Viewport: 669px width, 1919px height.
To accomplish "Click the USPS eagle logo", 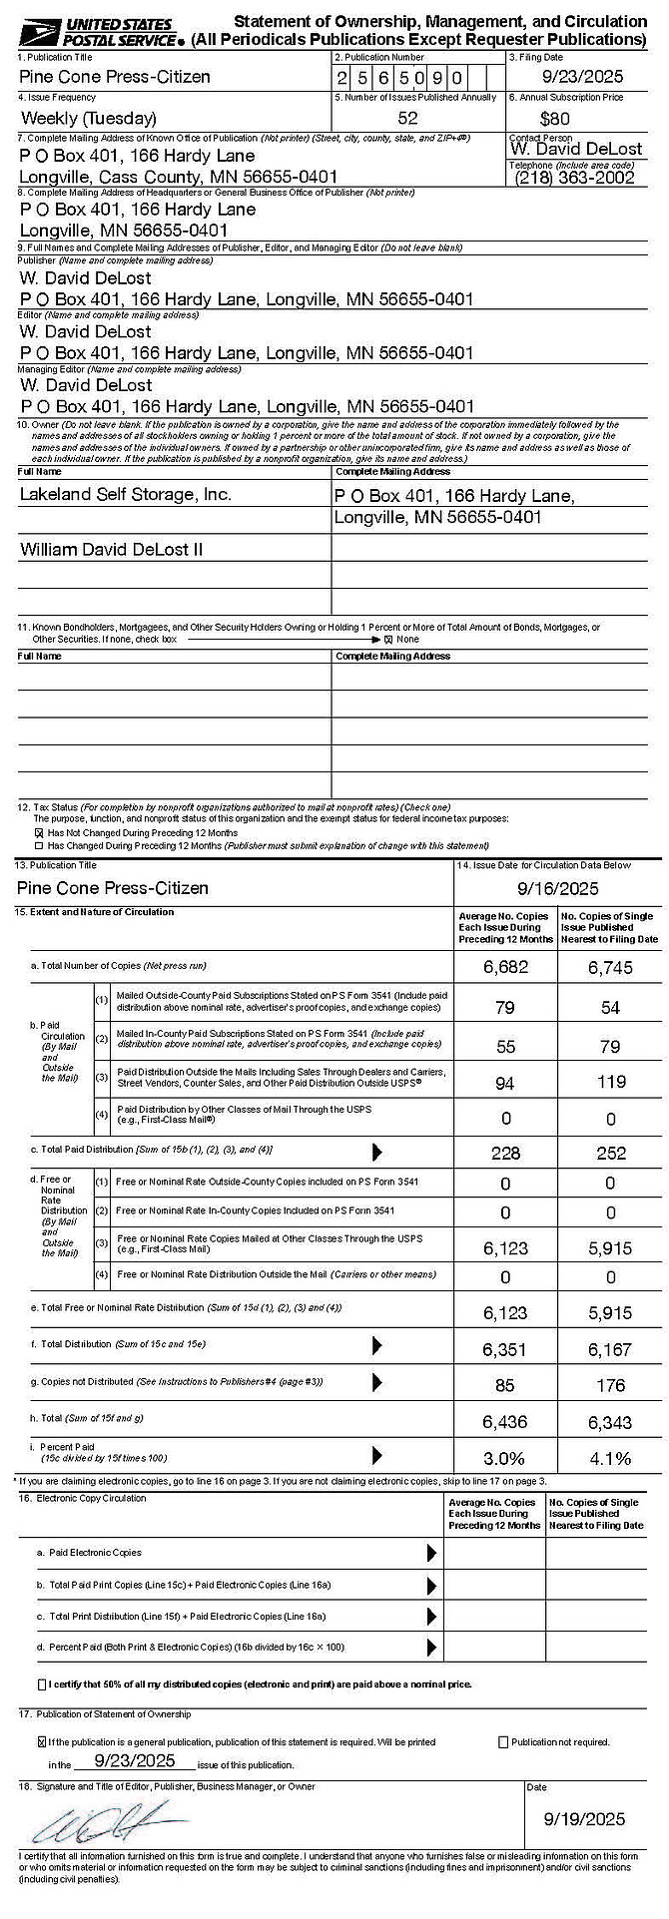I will click(39, 33).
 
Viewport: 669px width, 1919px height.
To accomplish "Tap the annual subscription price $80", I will click(554, 119).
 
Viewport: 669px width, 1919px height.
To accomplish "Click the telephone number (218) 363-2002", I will click(575, 178).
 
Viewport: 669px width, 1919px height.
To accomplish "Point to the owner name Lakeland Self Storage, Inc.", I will click(126, 494).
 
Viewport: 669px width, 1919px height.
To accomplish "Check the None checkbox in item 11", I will click(388, 640).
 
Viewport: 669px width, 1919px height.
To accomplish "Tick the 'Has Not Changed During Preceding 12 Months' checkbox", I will click(39, 832).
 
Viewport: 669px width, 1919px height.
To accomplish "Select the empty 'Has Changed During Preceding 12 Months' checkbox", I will click(39, 845).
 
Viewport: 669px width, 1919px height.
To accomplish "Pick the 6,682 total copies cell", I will click(505, 966).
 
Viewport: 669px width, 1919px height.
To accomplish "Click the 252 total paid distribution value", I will click(610, 1153).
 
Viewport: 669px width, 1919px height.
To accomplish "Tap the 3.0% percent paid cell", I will click(505, 1458).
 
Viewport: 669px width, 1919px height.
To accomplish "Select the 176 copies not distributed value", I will click(610, 1385).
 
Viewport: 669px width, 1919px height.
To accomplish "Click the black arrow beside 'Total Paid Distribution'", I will click(377, 1152).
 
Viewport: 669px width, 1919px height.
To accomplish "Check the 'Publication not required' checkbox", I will click(503, 1742).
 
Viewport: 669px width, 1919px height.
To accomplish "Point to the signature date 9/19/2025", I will click(584, 1818).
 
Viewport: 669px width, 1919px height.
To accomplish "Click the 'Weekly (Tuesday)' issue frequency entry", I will click(89, 118).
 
